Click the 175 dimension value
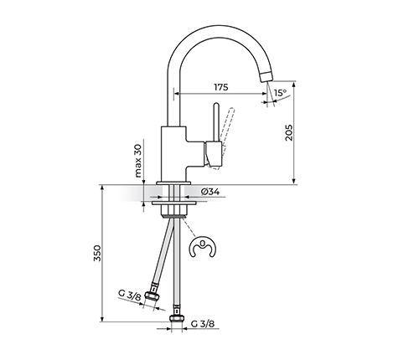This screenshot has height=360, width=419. (221, 87)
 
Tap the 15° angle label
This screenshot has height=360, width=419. (280, 92)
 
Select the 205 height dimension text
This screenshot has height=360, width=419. (289, 132)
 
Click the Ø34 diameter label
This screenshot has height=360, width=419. (210, 192)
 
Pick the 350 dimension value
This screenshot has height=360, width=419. (97, 253)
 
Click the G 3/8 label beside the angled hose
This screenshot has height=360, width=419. (130, 295)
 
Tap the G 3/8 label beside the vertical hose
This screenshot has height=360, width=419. (203, 324)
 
